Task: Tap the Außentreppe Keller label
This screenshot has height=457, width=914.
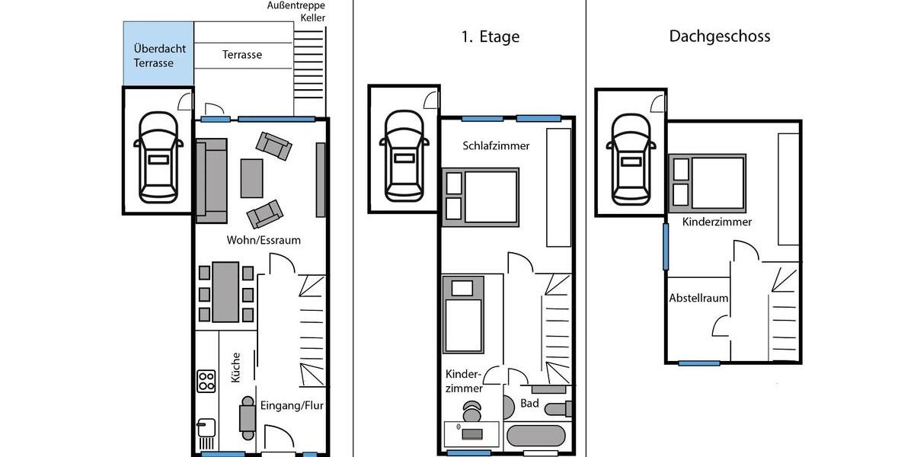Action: click(296, 11)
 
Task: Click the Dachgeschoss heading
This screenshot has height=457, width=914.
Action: click(719, 36)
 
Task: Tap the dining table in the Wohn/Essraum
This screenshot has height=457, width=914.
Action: click(225, 292)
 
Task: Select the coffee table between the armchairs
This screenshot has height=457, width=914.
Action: click(251, 178)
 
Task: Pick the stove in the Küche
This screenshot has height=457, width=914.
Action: click(206, 380)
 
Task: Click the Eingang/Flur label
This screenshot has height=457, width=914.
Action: click(292, 405)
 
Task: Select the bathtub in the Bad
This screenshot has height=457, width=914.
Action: click(535, 436)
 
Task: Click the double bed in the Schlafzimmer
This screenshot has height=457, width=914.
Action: click(481, 196)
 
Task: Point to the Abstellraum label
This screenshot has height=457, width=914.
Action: click(698, 298)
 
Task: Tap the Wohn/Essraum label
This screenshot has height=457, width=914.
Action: click(264, 240)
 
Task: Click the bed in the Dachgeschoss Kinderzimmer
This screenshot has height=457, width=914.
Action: click(708, 183)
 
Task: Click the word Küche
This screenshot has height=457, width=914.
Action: click(236, 367)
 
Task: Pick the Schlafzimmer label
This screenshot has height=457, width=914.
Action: click(496, 145)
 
